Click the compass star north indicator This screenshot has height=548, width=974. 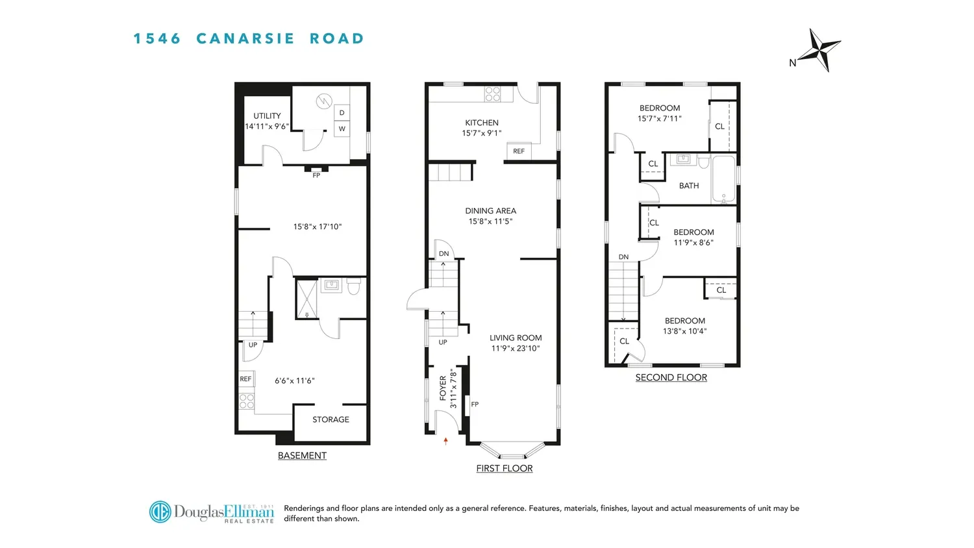point(819,51)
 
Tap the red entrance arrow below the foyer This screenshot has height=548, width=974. point(445,441)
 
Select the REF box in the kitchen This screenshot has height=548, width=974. point(519,151)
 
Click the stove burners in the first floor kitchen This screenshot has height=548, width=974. point(493,94)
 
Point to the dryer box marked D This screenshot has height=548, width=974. point(342,112)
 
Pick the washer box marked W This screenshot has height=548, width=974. point(342,129)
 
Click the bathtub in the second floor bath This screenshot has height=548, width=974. point(724,179)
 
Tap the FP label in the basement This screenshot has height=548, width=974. point(316,175)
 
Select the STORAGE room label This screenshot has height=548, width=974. point(331,419)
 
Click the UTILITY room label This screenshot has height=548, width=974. point(267,116)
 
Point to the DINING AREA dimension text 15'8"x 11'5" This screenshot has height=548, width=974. point(490,221)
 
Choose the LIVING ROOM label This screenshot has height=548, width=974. point(516,338)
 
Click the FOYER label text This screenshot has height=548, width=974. point(443,388)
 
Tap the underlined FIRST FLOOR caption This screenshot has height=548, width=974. point(505,468)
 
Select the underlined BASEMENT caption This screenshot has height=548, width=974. point(302,455)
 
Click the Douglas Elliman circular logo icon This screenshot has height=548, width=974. point(160,512)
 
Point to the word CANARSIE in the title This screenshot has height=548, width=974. point(245,39)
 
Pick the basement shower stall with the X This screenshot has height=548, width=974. point(306,299)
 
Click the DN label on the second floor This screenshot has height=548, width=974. point(623,257)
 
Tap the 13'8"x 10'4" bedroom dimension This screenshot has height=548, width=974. point(685,331)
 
